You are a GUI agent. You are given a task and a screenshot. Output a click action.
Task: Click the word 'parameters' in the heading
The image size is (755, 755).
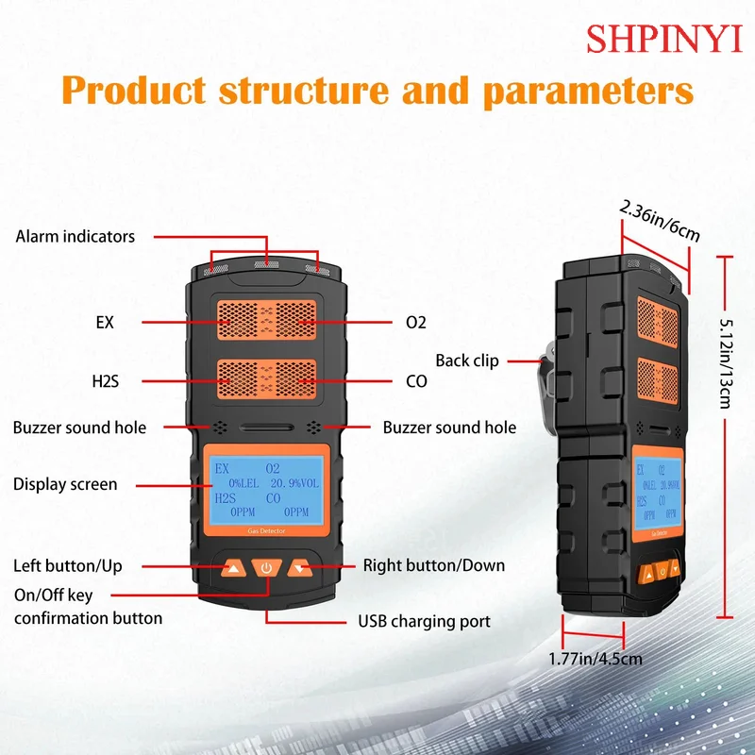(x=588, y=91)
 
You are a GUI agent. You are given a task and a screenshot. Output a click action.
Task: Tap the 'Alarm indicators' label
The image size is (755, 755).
(x=75, y=236)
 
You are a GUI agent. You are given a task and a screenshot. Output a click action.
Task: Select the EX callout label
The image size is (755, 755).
(x=104, y=322)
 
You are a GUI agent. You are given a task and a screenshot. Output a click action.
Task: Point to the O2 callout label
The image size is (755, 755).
(x=415, y=322)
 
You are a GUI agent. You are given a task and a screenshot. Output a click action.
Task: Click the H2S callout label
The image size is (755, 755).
(x=105, y=381)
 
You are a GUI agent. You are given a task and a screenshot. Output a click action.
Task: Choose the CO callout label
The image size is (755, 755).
(x=415, y=381)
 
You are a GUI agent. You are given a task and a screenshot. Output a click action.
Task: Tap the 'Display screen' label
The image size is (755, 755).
(x=65, y=484)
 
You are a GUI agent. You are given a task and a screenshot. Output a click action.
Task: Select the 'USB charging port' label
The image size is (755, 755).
(x=424, y=622)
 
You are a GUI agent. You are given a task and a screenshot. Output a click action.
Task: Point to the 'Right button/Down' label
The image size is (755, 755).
(x=434, y=565)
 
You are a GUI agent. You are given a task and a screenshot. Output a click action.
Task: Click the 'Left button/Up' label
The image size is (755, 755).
(x=67, y=566)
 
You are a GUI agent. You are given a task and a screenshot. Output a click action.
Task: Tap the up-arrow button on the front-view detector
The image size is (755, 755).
(x=232, y=568)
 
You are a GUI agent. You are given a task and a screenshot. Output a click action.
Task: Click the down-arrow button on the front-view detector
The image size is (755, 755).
(x=301, y=568)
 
